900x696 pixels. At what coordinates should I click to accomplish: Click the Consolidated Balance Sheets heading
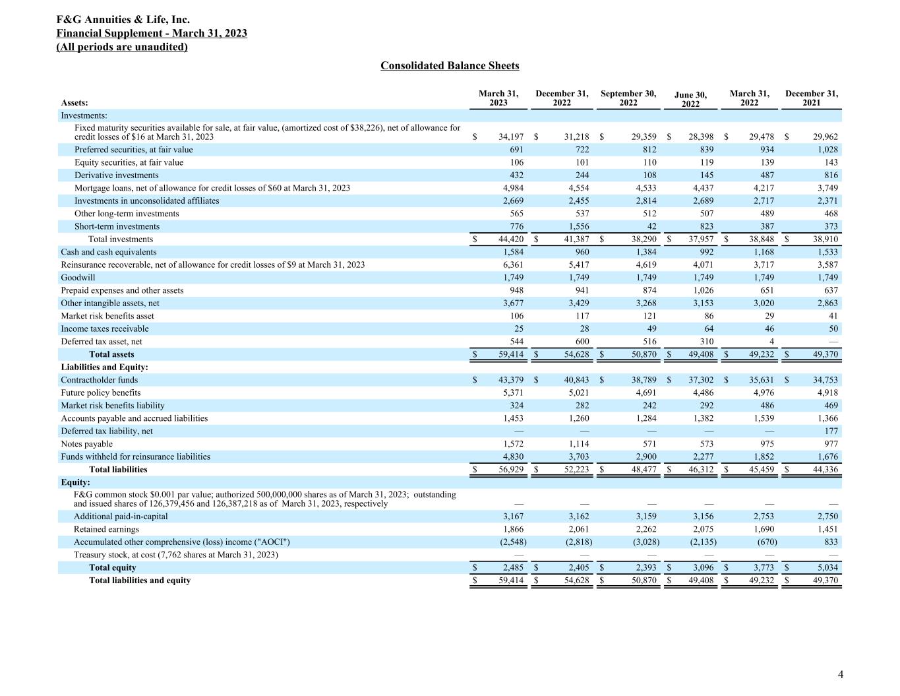point(450,65)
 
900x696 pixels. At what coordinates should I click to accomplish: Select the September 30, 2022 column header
point(628,98)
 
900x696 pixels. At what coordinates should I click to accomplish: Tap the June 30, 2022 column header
point(690,100)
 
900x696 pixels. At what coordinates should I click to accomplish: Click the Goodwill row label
point(78,278)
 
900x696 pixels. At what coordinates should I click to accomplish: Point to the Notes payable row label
point(86,444)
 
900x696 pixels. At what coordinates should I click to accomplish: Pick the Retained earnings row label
point(106,529)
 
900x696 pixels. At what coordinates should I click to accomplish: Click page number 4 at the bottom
point(840,674)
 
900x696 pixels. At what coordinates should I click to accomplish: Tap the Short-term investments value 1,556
point(578,226)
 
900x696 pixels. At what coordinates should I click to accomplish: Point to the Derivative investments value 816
point(831,175)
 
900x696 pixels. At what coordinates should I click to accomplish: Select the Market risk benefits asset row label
point(107,316)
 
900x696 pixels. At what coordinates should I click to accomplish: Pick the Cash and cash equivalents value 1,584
point(512,252)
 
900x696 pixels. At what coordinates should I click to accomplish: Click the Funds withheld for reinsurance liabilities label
point(135,457)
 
